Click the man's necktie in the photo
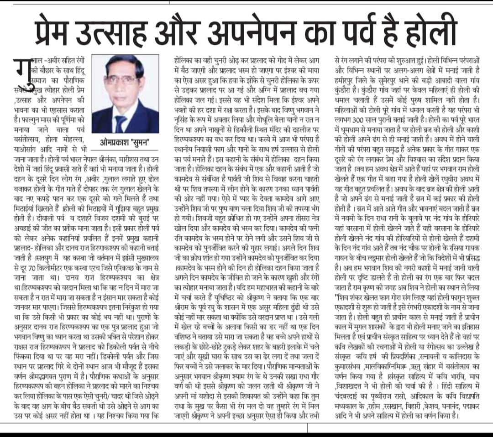click(121, 123)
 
